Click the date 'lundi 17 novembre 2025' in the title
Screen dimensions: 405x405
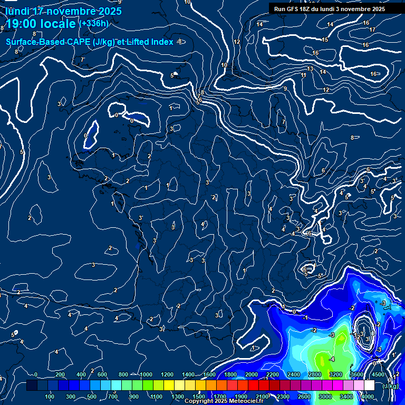[x=63, y=11]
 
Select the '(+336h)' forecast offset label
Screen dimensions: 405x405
[x=94, y=24]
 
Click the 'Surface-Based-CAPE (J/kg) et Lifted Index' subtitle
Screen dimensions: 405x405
[x=90, y=42]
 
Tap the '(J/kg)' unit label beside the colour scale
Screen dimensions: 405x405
[x=390, y=386]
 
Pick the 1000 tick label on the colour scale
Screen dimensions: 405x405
[x=146, y=374]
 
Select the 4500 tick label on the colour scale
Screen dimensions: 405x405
[x=378, y=374]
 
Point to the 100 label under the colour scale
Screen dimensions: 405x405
[x=50, y=397]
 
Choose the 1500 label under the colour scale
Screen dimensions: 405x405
[x=199, y=397]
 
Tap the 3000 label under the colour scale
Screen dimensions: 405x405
[x=325, y=397]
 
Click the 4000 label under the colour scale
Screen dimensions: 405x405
[x=368, y=397]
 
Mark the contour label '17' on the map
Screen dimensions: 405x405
[x=372, y=30]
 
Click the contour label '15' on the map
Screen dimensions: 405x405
[x=325, y=40]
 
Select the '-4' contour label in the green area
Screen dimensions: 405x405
[x=331, y=359]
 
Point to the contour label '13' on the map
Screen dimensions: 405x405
[x=311, y=69]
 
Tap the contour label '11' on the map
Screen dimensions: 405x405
[x=303, y=75]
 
